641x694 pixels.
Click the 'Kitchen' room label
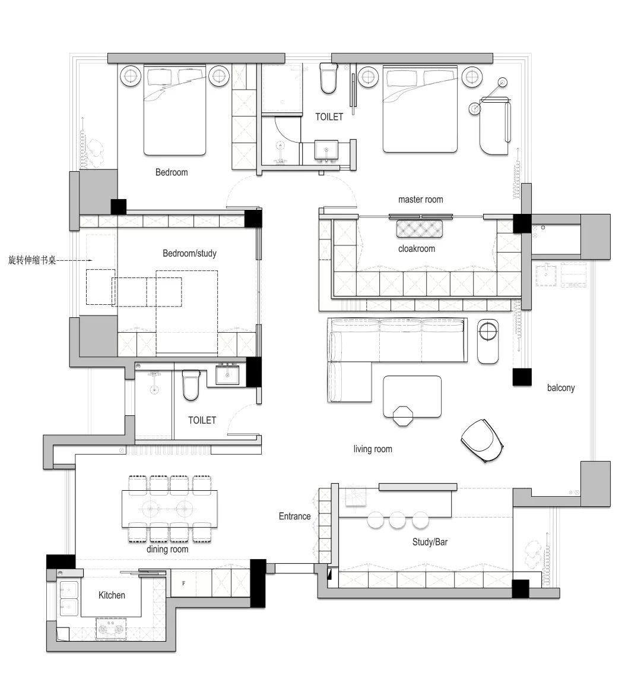(x=112, y=595)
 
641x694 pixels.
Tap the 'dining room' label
(x=167, y=549)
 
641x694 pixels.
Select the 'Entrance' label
(x=294, y=516)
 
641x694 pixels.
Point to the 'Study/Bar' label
(x=430, y=542)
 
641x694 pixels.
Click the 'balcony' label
(x=560, y=388)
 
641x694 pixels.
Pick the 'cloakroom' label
(x=417, y=249)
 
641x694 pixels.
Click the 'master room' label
(x=420, y=200)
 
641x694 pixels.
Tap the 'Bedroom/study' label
(x=190, y=253)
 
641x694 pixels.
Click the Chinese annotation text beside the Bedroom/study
(x=32, y=260)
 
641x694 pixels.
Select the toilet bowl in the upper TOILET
(x=328, y=78)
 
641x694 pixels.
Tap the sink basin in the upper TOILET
(x=326, y=150)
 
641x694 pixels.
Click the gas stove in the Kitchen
(x=111, y=629)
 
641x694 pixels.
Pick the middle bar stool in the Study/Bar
(x=397, y=520)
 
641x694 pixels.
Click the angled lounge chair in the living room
(x=482, y=440)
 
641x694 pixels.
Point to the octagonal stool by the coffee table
(x=403, y=415)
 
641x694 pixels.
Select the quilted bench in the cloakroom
(x=419, y=229)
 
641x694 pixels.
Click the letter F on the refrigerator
(x=183, y=583)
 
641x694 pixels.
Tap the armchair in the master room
(x=495, y=127)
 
